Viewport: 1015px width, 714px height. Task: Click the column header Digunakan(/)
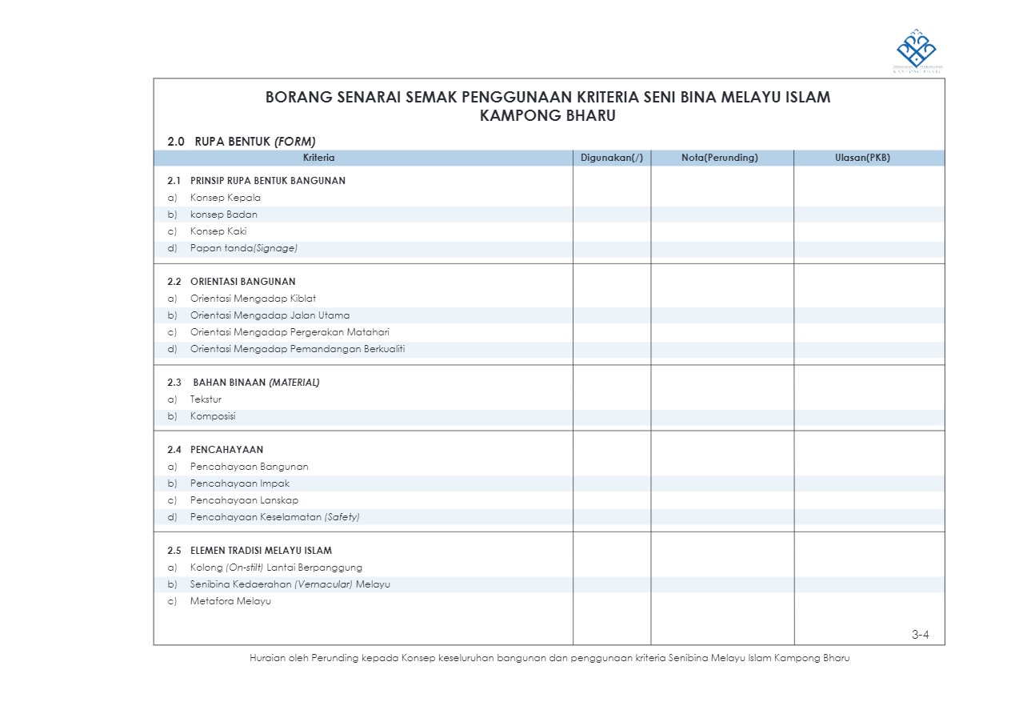tap(611, 158)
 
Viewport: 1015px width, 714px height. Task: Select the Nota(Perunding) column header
tap(719, 158)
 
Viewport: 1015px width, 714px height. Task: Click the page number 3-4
tap(920, 636)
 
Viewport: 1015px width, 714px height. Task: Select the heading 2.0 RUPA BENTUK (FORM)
tap(242, 141)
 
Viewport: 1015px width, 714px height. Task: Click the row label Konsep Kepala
tap(225, 198)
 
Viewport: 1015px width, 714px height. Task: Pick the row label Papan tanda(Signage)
tap(243, 248)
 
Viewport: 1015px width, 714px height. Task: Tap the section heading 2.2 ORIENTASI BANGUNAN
tap(231, 282)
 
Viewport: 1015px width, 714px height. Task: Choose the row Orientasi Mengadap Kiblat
tap(253, 299)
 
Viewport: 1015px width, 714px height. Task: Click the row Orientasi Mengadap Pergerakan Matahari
tap(290, 332)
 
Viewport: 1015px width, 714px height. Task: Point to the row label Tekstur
tap(206, 399)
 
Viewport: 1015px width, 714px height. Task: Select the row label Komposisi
tap(213, 416)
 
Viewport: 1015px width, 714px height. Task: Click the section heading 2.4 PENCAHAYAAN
tap(215, 450)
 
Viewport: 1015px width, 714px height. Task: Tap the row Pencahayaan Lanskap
tap(244, 500)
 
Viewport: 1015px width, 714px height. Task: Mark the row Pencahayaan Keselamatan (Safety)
tap(274, 517)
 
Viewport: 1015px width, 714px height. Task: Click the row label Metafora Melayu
tap(230, 601)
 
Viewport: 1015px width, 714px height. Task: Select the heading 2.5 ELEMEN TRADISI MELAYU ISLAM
tap(250, 551)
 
